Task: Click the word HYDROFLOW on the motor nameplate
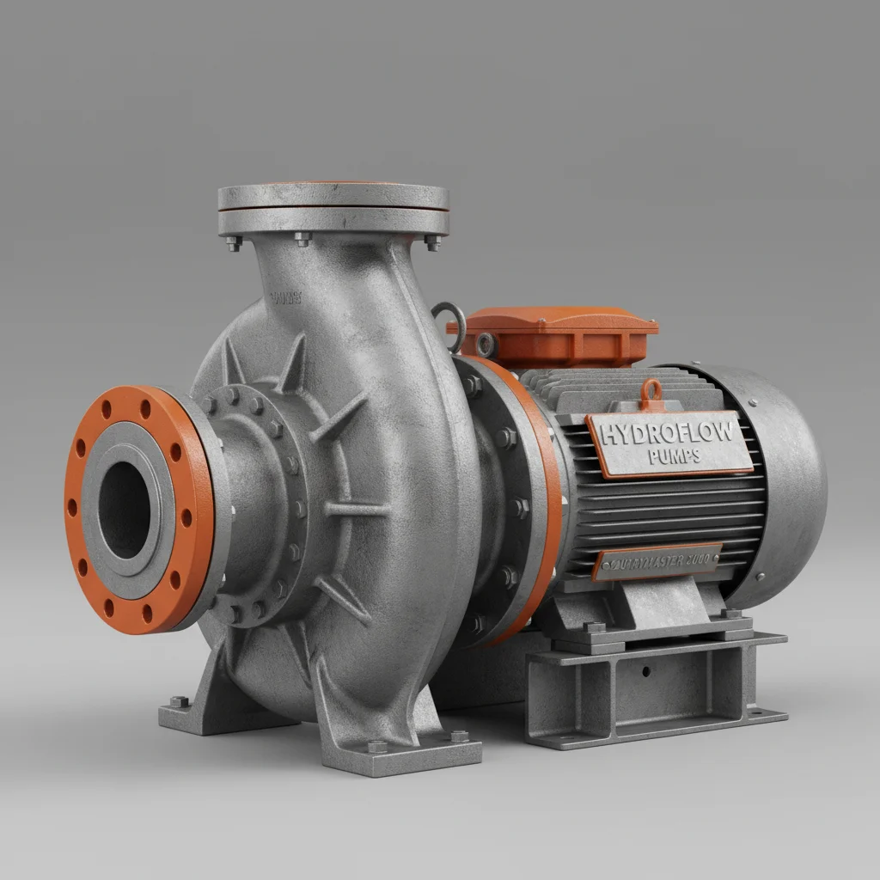pos(669,432)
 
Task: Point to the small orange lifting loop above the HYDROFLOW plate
pos(651,394)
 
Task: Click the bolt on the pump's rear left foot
pos(179,701)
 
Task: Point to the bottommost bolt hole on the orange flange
pos(145,613)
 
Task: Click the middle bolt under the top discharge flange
pos(302,239)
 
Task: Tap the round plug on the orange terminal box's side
pos(487,345)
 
